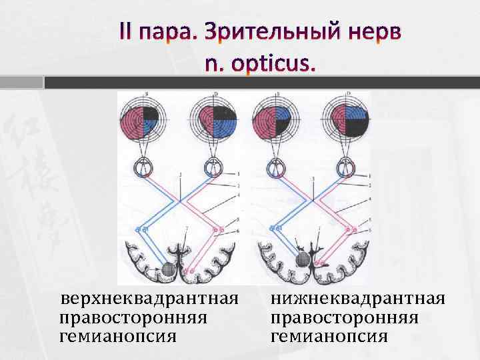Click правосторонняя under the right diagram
pyautogui.click(x=344, y=315)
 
